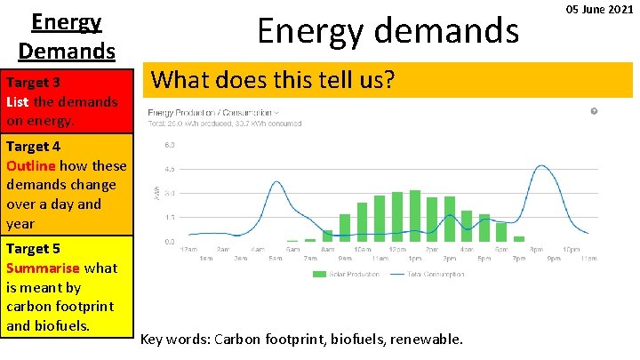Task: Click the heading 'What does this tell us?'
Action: click(x=272, y=80)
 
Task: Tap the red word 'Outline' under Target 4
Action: click(x=30, y=165)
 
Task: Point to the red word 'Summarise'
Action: click(x=43, y=268)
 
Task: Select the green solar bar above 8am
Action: click(x=327, y=236)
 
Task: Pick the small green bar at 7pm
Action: click(x=519, y=238)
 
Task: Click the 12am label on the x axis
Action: click(x=188, y=250)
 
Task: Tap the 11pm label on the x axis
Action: click(x=588, y=258)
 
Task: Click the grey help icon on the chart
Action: click(x=594, y=111)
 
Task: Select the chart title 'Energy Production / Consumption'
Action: click(x=211, y=112)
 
